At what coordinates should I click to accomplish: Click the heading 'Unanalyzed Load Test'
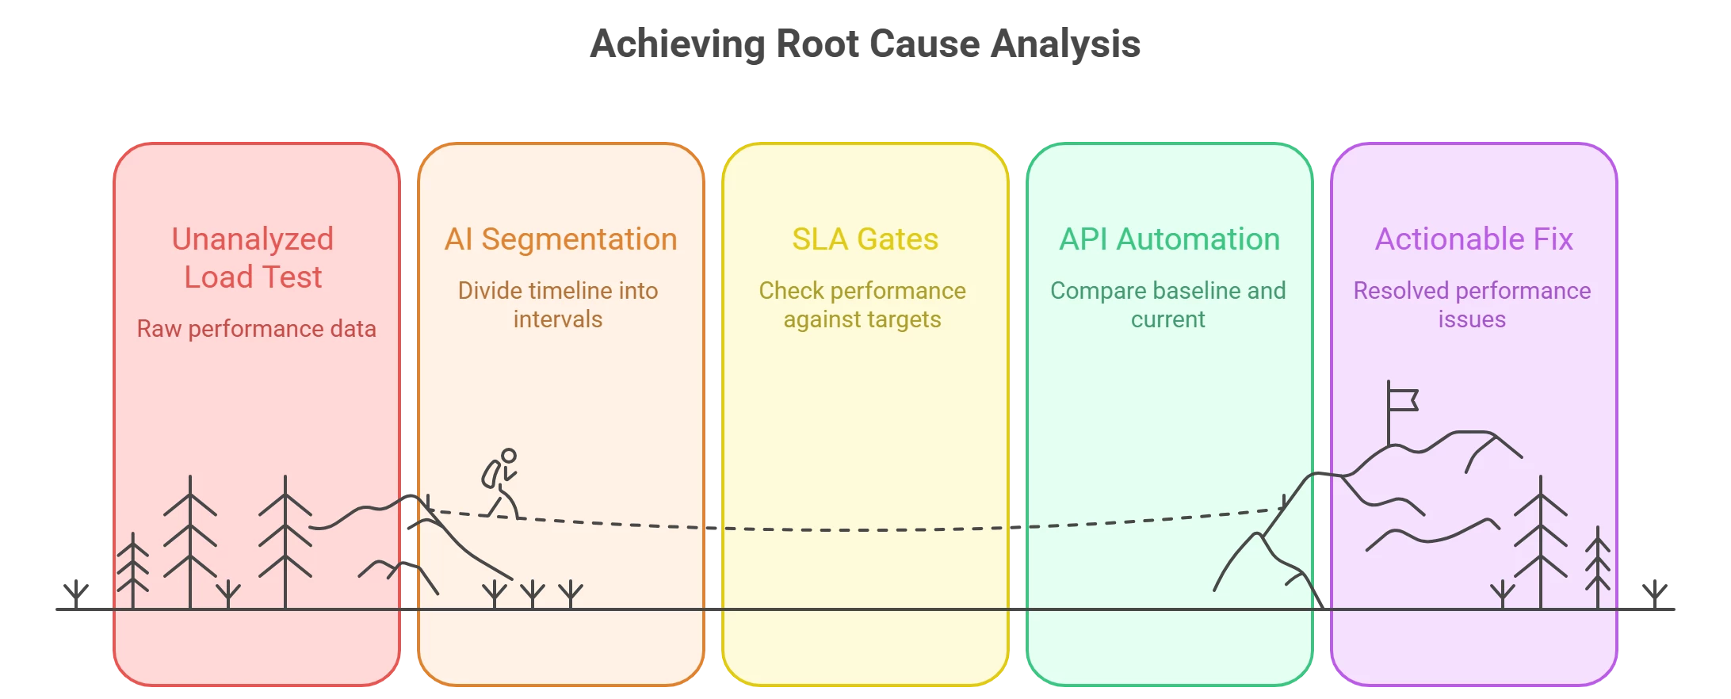[253, 258]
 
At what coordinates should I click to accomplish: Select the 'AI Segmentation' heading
[560, 239]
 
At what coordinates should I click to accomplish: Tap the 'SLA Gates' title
[865, 239]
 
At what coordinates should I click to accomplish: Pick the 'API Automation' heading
[1169, 239]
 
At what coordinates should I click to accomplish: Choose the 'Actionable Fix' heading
[1473, 239]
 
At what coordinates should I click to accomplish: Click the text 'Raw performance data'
[256, 329]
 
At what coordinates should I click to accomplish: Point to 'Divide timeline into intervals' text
[558, 305]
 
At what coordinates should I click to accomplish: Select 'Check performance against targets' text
[862, 305]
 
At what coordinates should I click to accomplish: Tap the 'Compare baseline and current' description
[1167, 305]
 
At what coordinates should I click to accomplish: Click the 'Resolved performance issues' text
[1472, 305]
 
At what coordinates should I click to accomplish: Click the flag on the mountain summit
[1403, 400]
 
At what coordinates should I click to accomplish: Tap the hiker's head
[509, 456]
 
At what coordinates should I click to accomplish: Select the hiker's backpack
[491, 474]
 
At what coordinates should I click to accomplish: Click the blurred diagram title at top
[865, 43]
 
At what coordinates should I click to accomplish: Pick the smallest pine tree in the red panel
[133, 571]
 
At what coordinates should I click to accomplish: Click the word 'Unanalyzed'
[253, 239]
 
